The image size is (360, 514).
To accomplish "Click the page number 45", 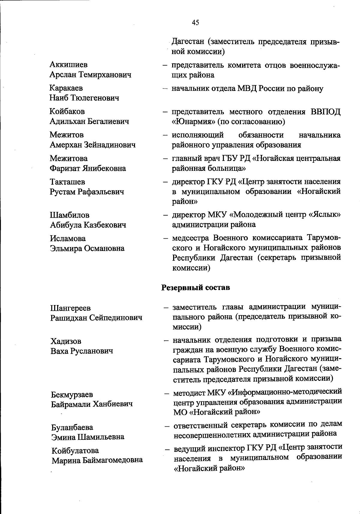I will click(195, 23).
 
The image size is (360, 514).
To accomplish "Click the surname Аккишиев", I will click(69, 65).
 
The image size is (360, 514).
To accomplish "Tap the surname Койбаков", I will click(67, 111).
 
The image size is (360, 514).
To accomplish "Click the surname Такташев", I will click(67, 182).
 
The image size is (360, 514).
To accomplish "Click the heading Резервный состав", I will click(196, 287).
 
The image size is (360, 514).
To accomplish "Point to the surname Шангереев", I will click(70, 308).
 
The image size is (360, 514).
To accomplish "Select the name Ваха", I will click(59, 351).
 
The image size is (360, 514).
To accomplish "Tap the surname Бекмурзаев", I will click(72, 394).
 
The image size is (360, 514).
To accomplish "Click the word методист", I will click(189, 392).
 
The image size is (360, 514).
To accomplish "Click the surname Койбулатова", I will click(75, 450).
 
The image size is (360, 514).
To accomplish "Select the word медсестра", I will click(191, 238).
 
